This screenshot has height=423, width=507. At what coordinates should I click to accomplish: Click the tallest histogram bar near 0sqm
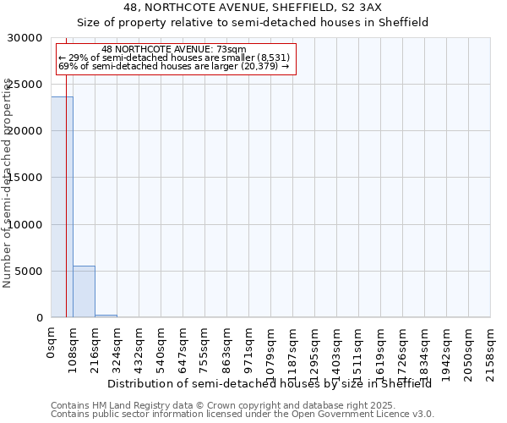62,207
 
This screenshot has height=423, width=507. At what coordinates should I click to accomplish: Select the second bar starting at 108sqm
84,292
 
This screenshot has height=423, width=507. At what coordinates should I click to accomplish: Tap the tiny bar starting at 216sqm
106,316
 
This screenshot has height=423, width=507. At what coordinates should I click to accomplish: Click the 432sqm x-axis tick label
139,346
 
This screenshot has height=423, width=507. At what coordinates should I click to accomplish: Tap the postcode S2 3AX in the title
362,7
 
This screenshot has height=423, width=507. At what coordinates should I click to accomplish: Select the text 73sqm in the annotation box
230,50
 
